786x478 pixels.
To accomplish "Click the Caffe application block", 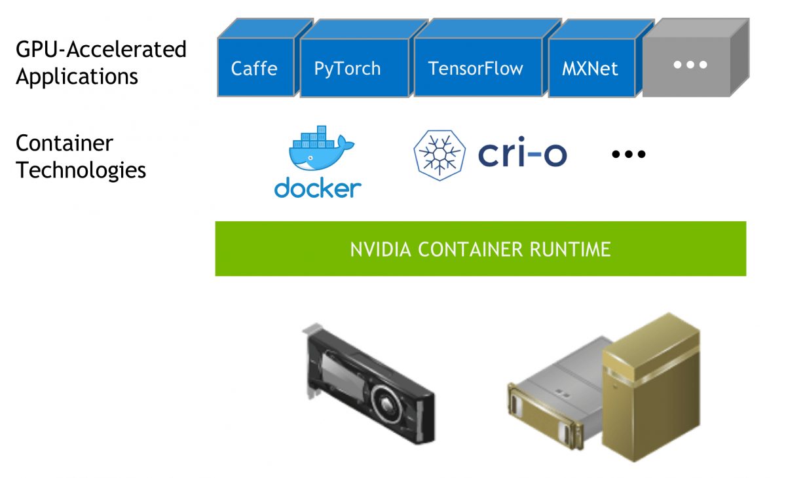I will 254,68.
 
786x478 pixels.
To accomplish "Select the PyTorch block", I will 347,68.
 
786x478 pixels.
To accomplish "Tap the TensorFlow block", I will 476,68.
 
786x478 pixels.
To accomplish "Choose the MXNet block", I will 589,68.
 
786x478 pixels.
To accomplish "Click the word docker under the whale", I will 318,188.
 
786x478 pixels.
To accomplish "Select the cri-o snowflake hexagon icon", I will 440,154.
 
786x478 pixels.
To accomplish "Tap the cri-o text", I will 522,154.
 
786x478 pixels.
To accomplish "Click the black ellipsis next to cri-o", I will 629,155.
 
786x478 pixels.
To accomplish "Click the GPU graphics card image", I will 367,386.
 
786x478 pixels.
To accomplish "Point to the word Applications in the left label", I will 77,77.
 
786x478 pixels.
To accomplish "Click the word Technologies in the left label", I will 81,170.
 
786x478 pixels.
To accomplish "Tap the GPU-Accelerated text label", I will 101,49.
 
